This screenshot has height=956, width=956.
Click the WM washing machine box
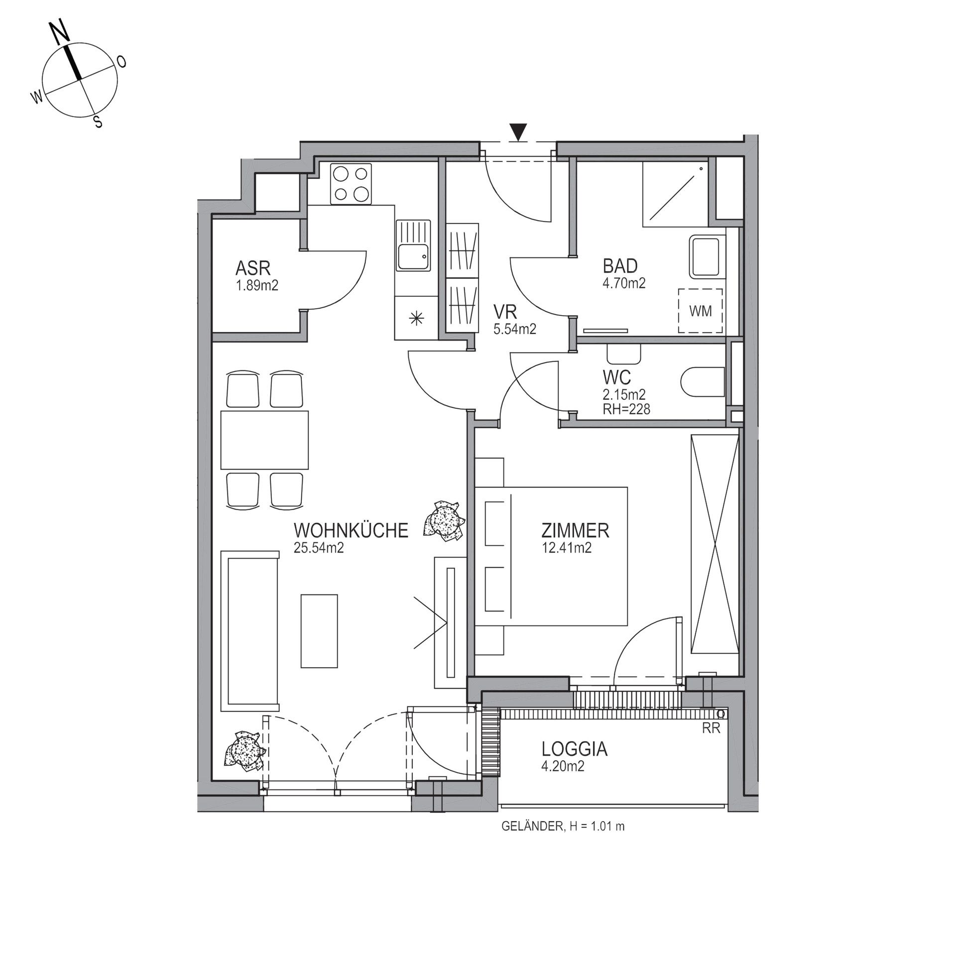click(701, 311)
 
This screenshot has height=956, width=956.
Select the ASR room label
click(253, 269)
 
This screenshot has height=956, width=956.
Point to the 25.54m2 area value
click(319, 548)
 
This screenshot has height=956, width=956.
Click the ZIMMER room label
click(575, 531)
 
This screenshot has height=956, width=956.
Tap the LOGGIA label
click(575, 749)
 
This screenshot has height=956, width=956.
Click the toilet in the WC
click(702, 382)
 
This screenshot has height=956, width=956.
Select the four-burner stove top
click(352, 184)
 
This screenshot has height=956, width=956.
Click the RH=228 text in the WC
click(626, 409)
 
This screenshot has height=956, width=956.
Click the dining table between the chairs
click(264, 440)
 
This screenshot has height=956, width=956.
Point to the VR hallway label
click(505, 312)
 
